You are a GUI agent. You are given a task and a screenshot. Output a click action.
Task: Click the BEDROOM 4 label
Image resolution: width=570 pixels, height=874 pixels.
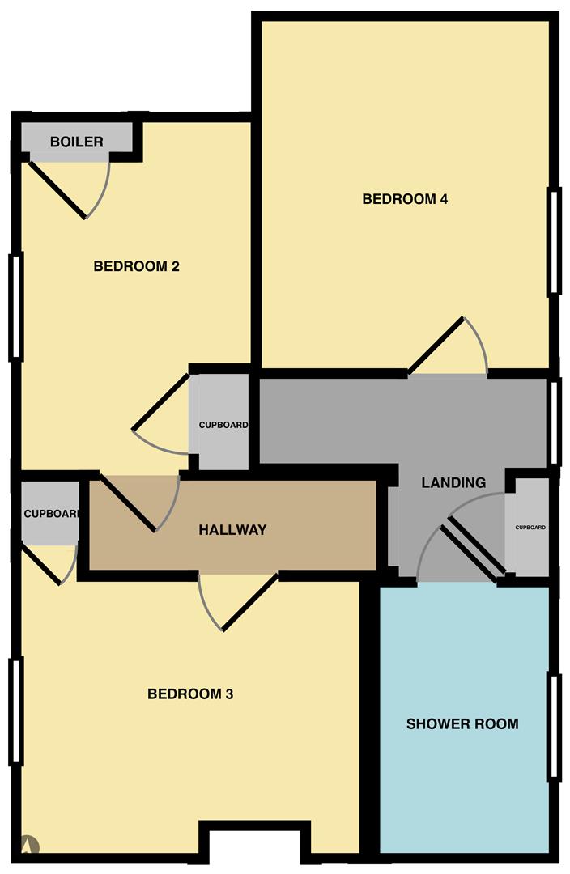(405, 199)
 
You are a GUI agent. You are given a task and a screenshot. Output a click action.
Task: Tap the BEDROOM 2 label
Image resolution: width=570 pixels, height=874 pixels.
(136, 266)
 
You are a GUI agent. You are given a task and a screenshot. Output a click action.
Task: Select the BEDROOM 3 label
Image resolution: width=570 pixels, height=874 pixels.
(190, 694)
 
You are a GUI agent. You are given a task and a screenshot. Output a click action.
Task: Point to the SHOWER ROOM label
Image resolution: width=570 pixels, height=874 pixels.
(462, 723)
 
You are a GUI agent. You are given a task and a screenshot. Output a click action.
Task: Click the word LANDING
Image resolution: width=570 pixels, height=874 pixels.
(453, 483)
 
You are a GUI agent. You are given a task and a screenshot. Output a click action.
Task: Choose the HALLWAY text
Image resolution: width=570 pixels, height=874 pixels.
(232, 530)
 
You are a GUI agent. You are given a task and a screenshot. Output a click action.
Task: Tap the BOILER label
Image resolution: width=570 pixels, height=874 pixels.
(77, 142)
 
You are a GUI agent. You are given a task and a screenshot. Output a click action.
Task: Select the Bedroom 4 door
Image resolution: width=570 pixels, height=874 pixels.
(436, 346)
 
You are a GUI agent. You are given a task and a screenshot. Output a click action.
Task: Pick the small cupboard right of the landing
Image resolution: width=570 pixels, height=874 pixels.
(530, 528)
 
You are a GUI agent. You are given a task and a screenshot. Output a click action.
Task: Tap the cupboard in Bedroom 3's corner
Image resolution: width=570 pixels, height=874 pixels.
(49, 513)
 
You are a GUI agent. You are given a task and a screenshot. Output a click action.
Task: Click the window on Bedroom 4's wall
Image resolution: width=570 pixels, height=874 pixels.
(554, 240)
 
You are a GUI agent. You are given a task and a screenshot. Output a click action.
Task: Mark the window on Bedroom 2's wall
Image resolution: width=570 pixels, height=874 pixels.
(15, 305)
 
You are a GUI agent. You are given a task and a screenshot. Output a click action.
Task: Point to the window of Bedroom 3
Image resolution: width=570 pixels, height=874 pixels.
(15, 710)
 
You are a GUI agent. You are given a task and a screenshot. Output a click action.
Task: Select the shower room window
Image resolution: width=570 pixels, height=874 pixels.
(554, 724)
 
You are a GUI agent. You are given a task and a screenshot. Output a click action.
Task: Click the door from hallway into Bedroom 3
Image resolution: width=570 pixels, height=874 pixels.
(249, 601)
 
